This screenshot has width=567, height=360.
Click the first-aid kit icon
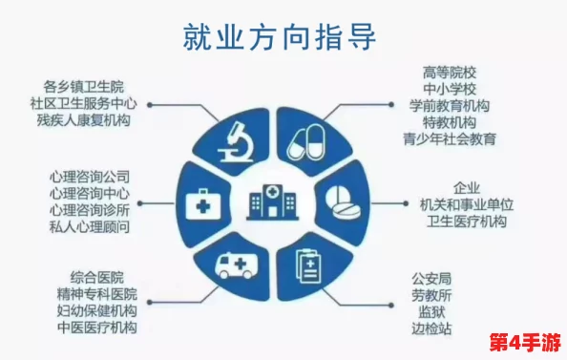pos(202,201)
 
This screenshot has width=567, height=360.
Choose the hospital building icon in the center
pos(271,201)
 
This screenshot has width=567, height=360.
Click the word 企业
pos(466,187)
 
